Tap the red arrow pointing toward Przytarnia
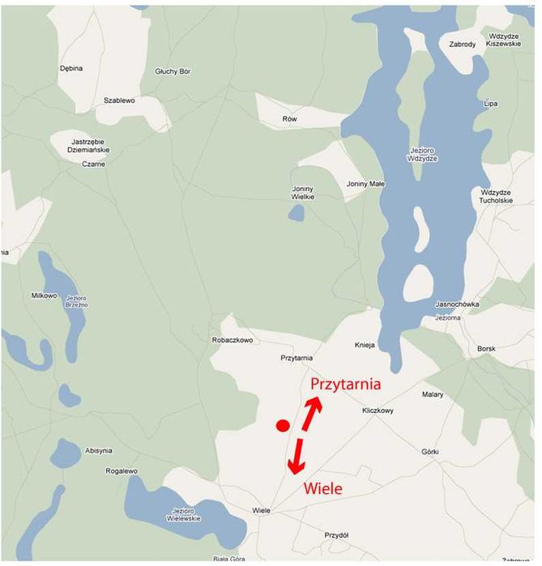311,412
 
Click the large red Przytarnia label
346,385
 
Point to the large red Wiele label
322,488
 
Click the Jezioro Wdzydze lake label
424,154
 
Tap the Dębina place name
71,68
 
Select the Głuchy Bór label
173,71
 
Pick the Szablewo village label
119,100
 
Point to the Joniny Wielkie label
303,193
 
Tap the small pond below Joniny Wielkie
297,213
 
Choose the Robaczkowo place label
233,340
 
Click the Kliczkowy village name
378,411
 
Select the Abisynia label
98,450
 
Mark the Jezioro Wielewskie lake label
186,515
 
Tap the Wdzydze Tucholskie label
497,196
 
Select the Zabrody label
463,44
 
